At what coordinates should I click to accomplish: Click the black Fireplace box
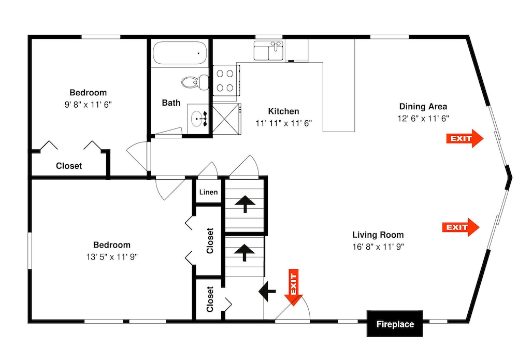pos(394,324)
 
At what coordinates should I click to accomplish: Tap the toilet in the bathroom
pos(195,81)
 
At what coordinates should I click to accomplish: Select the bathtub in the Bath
pos(180,53)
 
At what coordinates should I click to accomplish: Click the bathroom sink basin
pos(198,118)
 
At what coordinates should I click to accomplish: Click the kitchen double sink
pos(268,51)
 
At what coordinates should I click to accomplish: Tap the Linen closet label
pos(208,192)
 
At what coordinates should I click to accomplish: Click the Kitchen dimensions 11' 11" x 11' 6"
pos(284,123)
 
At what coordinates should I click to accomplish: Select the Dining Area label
pos(423,106)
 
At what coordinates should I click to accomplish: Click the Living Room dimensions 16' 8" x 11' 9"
pos(378,247)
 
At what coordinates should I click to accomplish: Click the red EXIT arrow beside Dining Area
pos(465,138)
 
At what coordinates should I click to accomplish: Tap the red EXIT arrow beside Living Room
pos(461,227)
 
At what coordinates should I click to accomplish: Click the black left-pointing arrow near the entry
pos(267,291)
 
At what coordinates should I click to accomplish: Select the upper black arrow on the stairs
pos(245,204)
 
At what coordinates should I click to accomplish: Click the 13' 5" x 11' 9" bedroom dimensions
pos(112,256)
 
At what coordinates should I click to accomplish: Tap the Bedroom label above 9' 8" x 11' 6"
pos(88,93)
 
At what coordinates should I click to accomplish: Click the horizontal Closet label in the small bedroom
pos(69,166)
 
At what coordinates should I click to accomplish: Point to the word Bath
pos(171,103)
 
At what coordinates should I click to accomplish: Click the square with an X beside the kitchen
pos(226,118)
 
